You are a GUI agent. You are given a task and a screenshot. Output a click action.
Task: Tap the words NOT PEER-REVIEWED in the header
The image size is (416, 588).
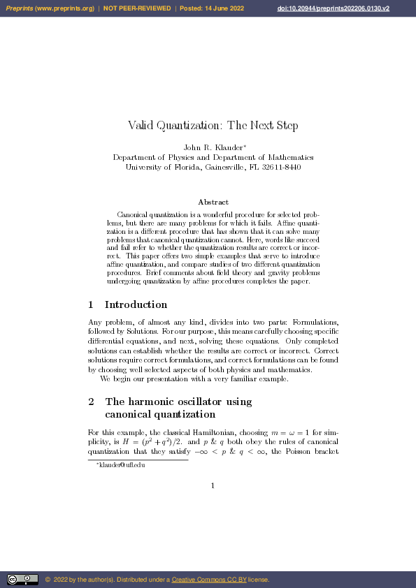(x=137, y=8)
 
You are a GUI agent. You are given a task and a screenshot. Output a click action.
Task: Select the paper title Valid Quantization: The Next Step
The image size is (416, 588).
(x=213, y=126)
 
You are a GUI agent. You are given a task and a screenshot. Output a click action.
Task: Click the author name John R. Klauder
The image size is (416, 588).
(x=212, y=147)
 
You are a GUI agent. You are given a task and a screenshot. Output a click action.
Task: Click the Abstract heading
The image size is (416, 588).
(x=213, y=202)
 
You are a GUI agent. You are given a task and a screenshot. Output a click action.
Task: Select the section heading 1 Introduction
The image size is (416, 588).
(x=128, y=304)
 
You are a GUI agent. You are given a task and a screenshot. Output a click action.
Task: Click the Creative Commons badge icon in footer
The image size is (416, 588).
(x=22, y=579)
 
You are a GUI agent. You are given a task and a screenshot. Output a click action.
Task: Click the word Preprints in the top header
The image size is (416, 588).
(x=20, y=8)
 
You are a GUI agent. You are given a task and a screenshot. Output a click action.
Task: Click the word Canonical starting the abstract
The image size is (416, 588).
(x=134, y=214)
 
